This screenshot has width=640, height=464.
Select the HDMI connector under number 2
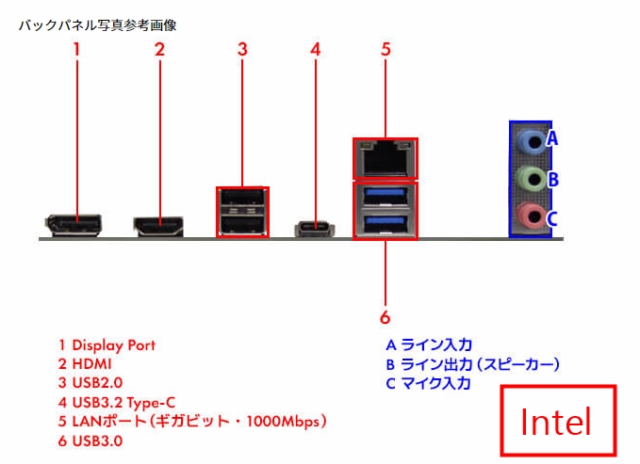(x=158, y=226)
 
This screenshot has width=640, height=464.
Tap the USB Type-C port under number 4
(x=316, y=228)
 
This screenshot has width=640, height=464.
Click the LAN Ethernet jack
(x=385, y=159)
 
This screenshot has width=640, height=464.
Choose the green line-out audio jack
(x=531, y=179)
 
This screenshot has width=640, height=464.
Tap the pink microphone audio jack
(x=531, y=216)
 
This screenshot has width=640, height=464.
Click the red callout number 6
(x=385, y=316)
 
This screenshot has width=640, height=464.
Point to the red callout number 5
(x=386, y=50)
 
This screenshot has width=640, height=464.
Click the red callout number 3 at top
(x=242, y=50)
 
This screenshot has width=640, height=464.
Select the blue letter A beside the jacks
(x=553, y=139)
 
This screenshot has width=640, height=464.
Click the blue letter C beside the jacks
(x=553, y=218)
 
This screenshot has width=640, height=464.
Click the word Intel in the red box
(x=556, y=423)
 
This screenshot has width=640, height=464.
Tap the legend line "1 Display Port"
(x=107, y=345)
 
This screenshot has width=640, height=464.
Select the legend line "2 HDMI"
(x=85, y=364)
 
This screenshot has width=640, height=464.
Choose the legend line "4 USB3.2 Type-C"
(x=117, y=402)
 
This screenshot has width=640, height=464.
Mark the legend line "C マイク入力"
(x=429, y=383)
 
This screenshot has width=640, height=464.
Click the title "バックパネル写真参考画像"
(x=98, y=25)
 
